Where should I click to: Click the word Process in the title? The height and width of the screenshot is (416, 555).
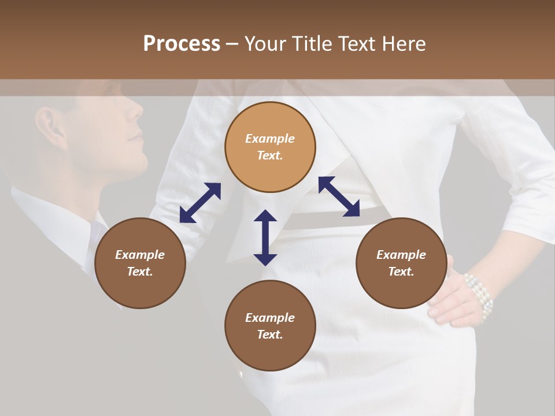pos(182,44)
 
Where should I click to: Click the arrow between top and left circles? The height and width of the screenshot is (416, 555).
pos(200,202)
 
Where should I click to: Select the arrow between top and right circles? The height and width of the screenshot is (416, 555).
pos(339,196)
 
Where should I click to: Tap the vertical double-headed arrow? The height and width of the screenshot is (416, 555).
pos(265,237)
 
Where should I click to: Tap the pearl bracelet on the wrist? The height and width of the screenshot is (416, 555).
pos(480,295)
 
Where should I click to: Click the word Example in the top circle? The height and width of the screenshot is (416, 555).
pos(270,139)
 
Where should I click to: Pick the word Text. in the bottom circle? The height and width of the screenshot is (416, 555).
pos(270,335)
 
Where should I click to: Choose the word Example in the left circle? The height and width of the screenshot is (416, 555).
pos(140,255)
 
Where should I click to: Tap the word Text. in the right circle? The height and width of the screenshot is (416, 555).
pos(401,272)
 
